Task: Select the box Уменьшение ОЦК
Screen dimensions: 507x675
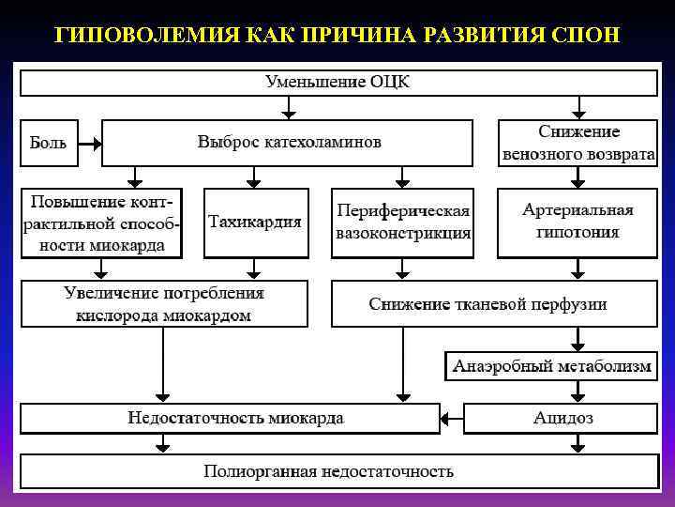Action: (x=337, y=83)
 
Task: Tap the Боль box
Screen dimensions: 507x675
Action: (x=48, y=144)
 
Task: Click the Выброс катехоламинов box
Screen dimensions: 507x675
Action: (x=289, y=144)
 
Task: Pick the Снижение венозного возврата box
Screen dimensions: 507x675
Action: (x=577, y=144)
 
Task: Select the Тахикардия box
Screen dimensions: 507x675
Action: (x=254, y=223)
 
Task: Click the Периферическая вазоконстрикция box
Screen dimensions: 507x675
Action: (x=403, y=223)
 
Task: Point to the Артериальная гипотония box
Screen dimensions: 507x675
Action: (x=577, y=223)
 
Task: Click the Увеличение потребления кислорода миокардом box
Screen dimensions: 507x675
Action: (x=164, y=304)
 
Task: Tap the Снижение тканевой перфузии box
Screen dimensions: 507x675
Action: (x=493, y=304)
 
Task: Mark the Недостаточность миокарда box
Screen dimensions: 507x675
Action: (x=230, y=418)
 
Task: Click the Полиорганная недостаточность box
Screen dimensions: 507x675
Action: (x=337, y=471)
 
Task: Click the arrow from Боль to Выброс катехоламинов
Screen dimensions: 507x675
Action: (x=88, y=145)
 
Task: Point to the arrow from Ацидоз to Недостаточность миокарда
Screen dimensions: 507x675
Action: (x=452, y=418)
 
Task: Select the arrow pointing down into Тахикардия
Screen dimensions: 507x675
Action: (x=252, y=177)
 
